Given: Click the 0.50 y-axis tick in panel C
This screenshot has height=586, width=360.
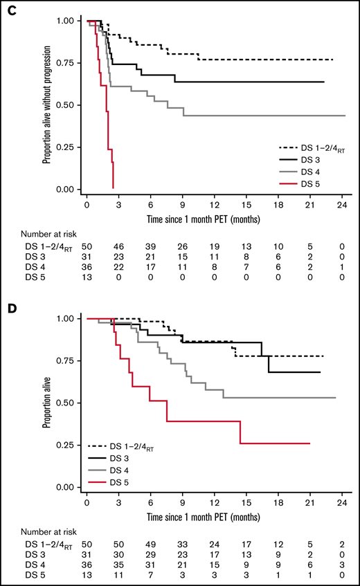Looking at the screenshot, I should click(70, 105).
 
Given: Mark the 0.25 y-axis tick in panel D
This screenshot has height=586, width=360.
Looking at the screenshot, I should click(70, 445).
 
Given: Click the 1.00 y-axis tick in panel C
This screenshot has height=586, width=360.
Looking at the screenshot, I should click(70, 21).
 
